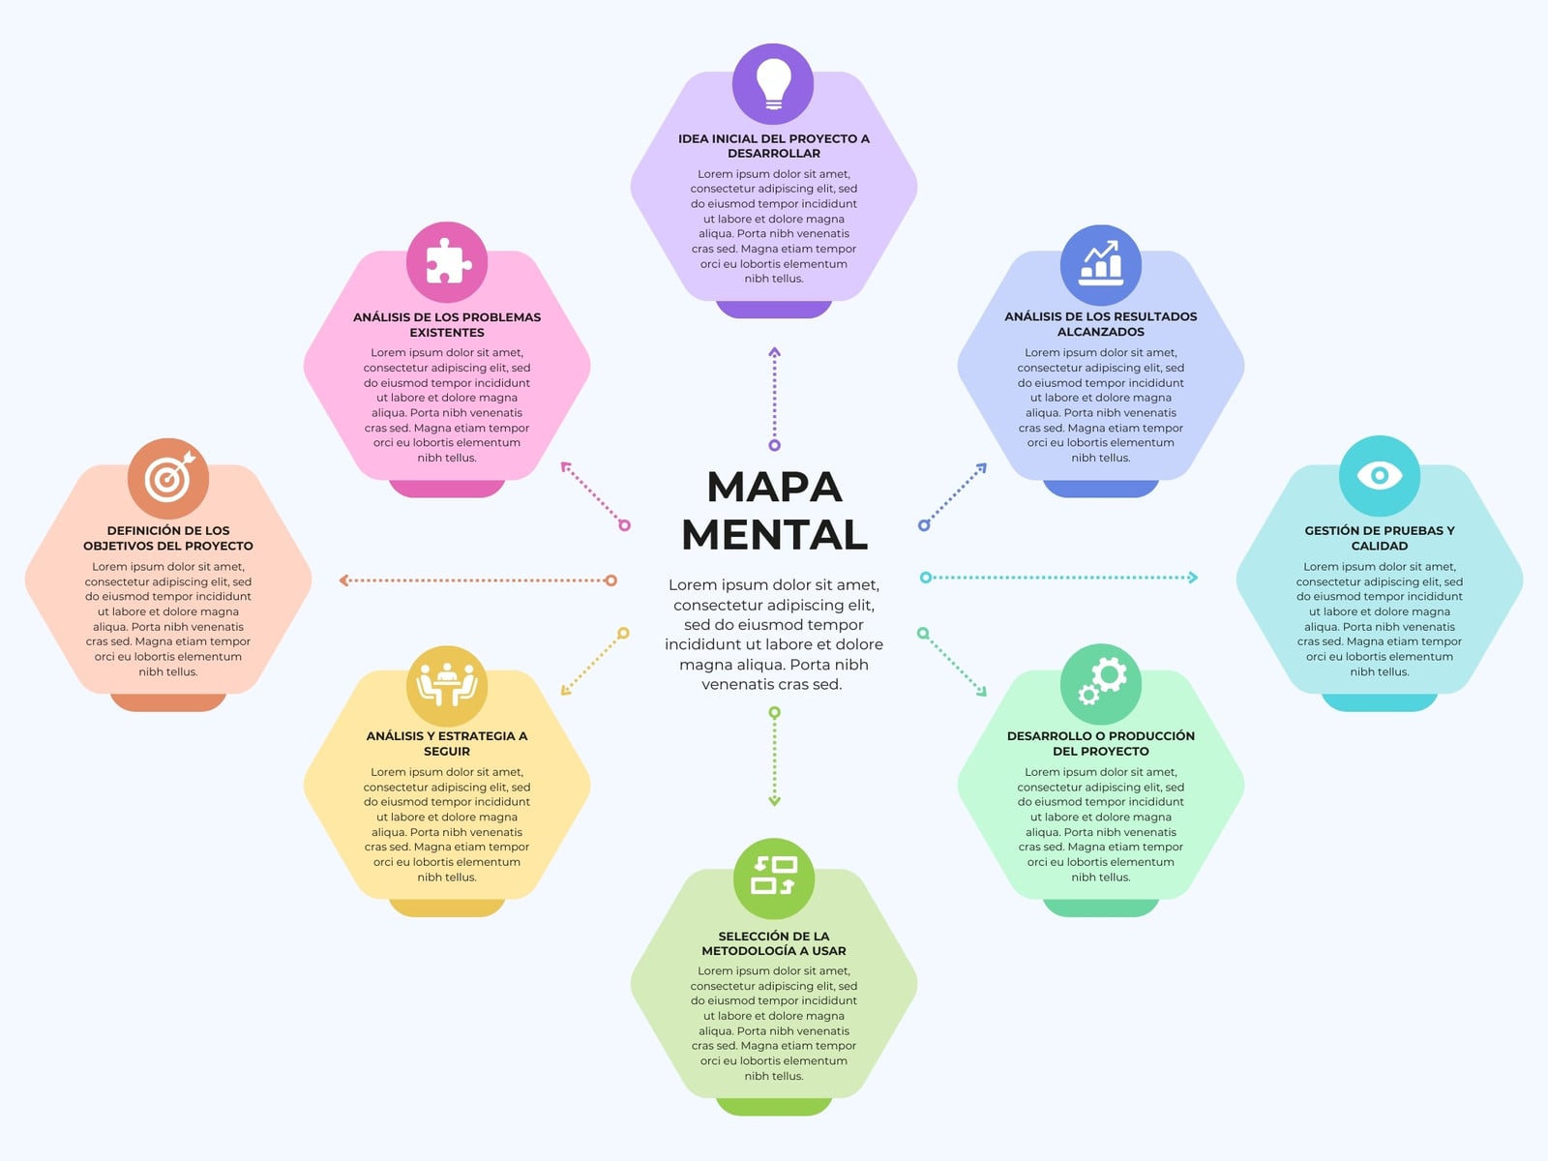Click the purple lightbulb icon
coord(773,84)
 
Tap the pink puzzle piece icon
coord(446,262)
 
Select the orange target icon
coord(167,479)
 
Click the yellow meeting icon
coord(446,686)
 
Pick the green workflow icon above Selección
coord(774,878)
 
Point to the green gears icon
coord(1100,684)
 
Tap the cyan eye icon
coord(1379,476)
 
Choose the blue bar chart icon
coord(1100,265)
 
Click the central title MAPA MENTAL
coord(774,511)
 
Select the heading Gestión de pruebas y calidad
coord(1379,538)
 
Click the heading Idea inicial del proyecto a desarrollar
coord(774,146)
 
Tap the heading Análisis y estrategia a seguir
coord(446,743)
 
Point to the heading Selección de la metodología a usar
coord(774,943)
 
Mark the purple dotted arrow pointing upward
coord(774,399)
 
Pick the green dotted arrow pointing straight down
coord(774,757)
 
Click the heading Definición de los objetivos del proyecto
coord(167,538)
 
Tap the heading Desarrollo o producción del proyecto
coord(1100,743)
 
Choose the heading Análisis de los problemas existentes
coord(446,324)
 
